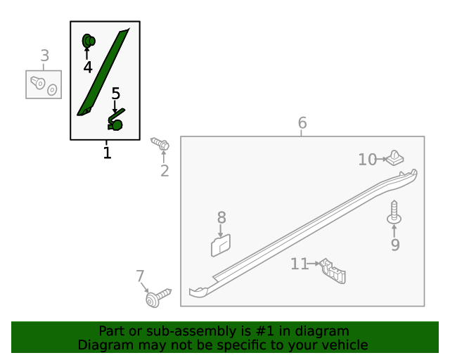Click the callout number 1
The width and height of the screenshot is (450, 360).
[107, 153]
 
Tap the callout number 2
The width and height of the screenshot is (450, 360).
[165, 171]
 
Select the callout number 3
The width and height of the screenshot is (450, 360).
[45, 56]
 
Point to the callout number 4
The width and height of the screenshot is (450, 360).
[88, 67]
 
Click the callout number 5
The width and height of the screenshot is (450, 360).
[115, 94]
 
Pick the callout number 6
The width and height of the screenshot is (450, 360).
[302, 122]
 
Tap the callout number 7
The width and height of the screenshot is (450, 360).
[140, 276]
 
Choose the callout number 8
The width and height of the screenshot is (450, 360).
[221, 217]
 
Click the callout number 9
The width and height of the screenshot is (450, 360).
[395, 245]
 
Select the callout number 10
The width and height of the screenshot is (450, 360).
[367, 160]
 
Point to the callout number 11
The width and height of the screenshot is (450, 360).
[300, 264]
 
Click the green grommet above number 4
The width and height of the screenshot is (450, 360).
[89, 41]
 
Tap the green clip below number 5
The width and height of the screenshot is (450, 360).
[115, 120]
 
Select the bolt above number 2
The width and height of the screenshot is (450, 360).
[160, 143]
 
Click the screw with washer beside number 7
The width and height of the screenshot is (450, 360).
[157, 298]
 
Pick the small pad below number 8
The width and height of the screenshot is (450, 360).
[221, 245]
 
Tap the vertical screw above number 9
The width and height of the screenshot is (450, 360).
[394, 212]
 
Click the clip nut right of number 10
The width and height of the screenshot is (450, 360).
[394, 158]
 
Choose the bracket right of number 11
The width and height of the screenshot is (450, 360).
[333, 271]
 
